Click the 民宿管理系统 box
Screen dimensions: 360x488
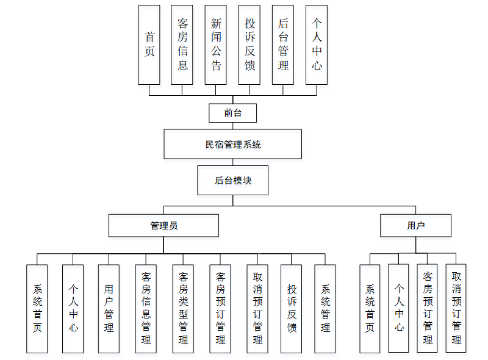[x=232, y=145]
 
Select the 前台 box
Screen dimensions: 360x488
[x=232, y=113]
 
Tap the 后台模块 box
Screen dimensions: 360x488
[x=232, y=181]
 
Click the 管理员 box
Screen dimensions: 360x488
[x=163, y=225]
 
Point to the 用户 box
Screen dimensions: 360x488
[x=415, y=225]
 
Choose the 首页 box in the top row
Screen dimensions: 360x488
[x=149, y=45]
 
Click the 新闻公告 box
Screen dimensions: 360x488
[x=216, y=45]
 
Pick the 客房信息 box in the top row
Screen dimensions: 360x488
[x=182, y=45]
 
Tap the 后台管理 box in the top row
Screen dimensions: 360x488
[x=283, y=45]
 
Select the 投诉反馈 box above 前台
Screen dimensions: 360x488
[x=249, y=45]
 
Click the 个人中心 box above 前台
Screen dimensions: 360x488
[x=317, y=45]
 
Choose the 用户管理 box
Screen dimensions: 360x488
[x=109, y=308]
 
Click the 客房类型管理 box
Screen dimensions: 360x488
[x=183, y=308]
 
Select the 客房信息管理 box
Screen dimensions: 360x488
[x=146, y=308]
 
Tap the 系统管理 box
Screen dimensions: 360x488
[x=325, y=308]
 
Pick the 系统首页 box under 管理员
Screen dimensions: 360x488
[x=37, y=308]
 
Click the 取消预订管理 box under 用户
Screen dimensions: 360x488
[x=456, y=308]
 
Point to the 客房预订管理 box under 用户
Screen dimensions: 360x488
[x=428, y=308]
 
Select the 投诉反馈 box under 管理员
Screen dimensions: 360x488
[x=292, y=308]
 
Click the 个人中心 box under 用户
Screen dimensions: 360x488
[x=398, y=308]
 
